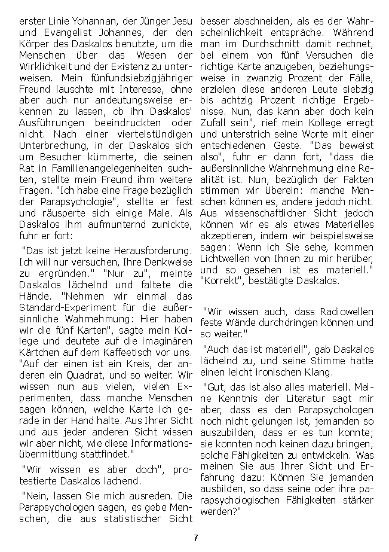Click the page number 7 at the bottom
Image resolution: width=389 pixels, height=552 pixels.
[195, 537]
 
